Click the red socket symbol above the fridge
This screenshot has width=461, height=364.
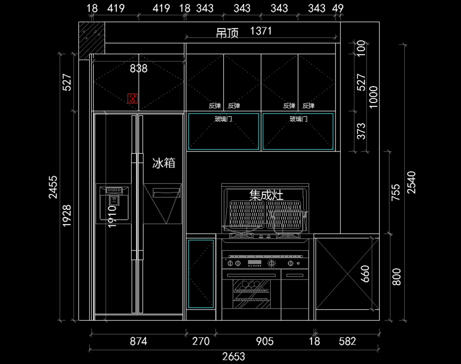(x=133, y=99)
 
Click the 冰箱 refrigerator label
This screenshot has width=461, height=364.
(x=164, y=163)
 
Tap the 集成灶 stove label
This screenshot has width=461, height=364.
(x=266, y=195)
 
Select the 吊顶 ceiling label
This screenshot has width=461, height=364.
(x=227, y=33)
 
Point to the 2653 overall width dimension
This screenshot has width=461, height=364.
(x=234, y=357)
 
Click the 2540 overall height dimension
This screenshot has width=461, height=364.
(x=411, y=182)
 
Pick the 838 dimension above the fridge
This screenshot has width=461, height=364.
(x=139, y=68)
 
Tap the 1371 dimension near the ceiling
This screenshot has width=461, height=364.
(x=261, y=31)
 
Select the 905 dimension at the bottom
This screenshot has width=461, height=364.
(x=265, y=341)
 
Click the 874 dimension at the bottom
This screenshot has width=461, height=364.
(x=138, y=341)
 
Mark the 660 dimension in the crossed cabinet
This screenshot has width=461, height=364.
(x=365, y=274)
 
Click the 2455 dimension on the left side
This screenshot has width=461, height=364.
(x=53, y=187)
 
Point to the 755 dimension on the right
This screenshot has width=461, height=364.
(x=396, y=192)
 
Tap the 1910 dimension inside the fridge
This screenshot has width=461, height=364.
(x=112, y=217)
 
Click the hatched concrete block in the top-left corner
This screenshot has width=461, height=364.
(x=92, y=40)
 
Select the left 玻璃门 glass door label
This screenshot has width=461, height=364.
(x=223, y=119)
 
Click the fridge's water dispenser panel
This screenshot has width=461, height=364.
(x=114, y=203)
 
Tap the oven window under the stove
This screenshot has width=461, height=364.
(x=252, y=294)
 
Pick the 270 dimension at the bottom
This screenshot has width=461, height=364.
(x=201, y=341)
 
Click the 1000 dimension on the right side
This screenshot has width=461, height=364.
(x=373, y=97)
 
